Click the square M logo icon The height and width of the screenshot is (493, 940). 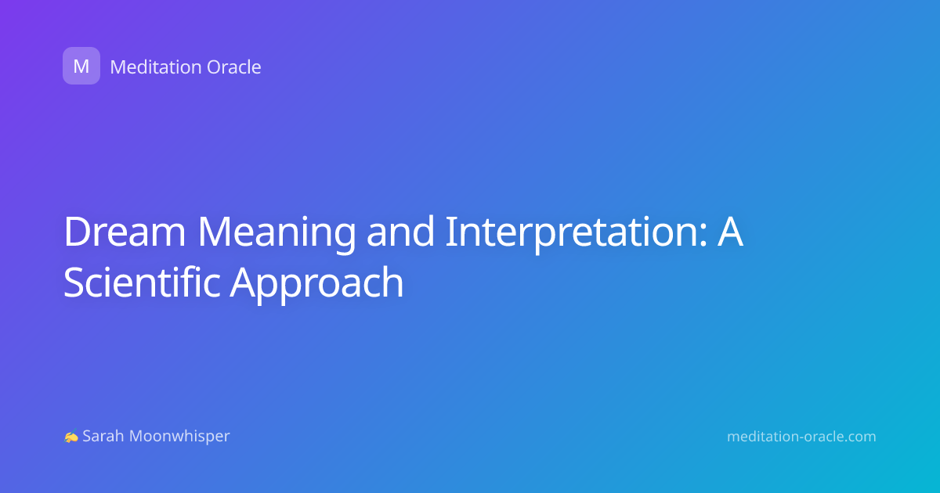[x=81, y=66]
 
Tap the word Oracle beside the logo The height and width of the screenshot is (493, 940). [x=233, y=67]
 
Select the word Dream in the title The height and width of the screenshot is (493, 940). [x=125, y=232]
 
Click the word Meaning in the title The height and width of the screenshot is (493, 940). [x=277, y=234]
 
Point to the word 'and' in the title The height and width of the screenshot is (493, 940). [x=400, y=231]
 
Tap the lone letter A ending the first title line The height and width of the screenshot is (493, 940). [x=731, y=232]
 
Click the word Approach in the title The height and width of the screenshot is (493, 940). [x=316, y=284]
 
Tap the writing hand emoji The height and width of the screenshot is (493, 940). [x=71, y=437]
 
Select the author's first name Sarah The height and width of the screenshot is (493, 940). [x=103, y=436]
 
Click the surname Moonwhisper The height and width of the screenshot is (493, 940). [x=179, y=437]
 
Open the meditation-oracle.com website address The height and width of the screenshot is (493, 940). [x=801, y=437]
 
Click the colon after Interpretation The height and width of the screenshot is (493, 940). [x=703, y=236]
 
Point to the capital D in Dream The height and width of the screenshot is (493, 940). [x=78, y=232]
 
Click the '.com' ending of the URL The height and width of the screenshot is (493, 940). [x=859, y=437]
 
